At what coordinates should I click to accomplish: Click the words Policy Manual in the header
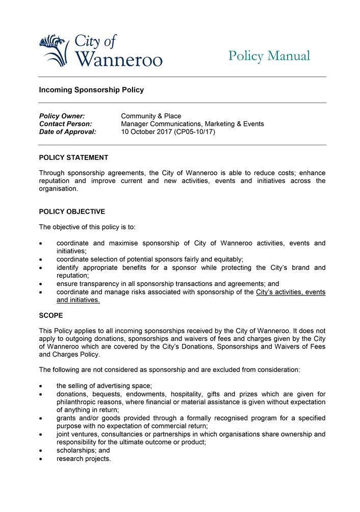269,56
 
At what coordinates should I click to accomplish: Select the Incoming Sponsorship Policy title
91,90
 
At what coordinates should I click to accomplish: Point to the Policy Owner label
62,116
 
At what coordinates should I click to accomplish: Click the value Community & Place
151,116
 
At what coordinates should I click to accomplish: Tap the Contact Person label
65,124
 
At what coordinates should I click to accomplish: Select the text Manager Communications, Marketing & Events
192,124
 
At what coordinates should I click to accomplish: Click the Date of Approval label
67,131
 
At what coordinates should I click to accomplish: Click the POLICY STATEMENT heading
73,158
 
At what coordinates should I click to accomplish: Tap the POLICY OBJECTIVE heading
72,211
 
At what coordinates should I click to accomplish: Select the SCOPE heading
51,316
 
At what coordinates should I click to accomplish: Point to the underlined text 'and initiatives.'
78,301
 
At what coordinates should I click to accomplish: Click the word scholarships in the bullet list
75,451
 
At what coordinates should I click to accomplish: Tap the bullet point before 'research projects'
41,459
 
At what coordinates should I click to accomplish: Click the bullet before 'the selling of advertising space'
41,386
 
